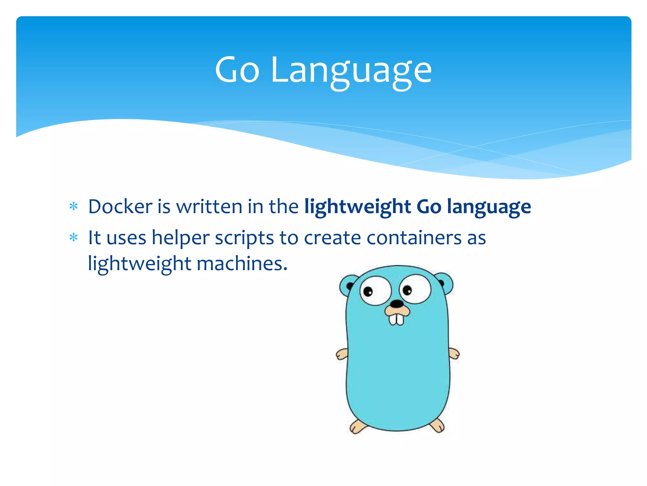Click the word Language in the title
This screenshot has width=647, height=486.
point(351,71)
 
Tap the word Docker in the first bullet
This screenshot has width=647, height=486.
point(120,207)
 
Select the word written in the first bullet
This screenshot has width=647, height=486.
point(209,207)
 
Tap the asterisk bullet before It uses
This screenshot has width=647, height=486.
point(74,238)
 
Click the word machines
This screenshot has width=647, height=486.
point(242,264)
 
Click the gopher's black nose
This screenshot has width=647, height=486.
point(396,304)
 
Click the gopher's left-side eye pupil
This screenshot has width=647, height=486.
point(368,291)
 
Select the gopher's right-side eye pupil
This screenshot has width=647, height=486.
point(407,290)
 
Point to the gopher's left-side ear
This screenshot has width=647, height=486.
point(347,285)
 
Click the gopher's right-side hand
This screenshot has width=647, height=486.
point(454,353)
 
